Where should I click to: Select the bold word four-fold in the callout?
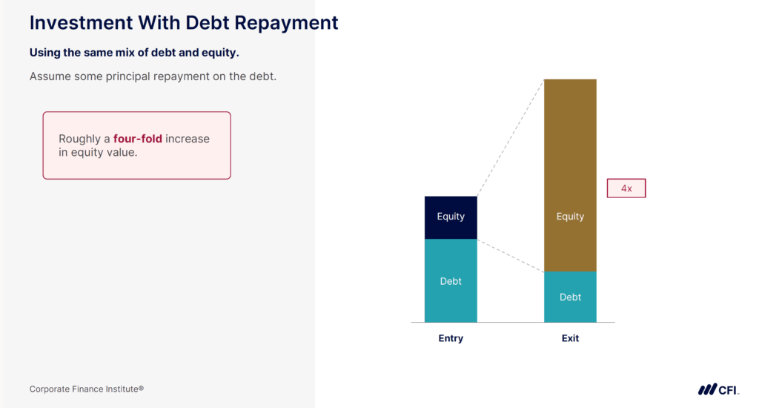pos(137,139)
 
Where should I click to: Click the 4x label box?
pos(626,188)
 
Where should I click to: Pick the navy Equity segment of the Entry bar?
pos(451,217)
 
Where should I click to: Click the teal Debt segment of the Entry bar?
pos(451,281)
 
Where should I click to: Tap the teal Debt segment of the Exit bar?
pos(570,297)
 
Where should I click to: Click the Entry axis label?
pos(451,338)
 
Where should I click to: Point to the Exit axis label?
pos(570,338)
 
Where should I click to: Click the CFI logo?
pos(718,389)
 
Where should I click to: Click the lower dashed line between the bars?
pos(510,255)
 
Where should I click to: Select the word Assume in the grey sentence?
pos(51,76)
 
